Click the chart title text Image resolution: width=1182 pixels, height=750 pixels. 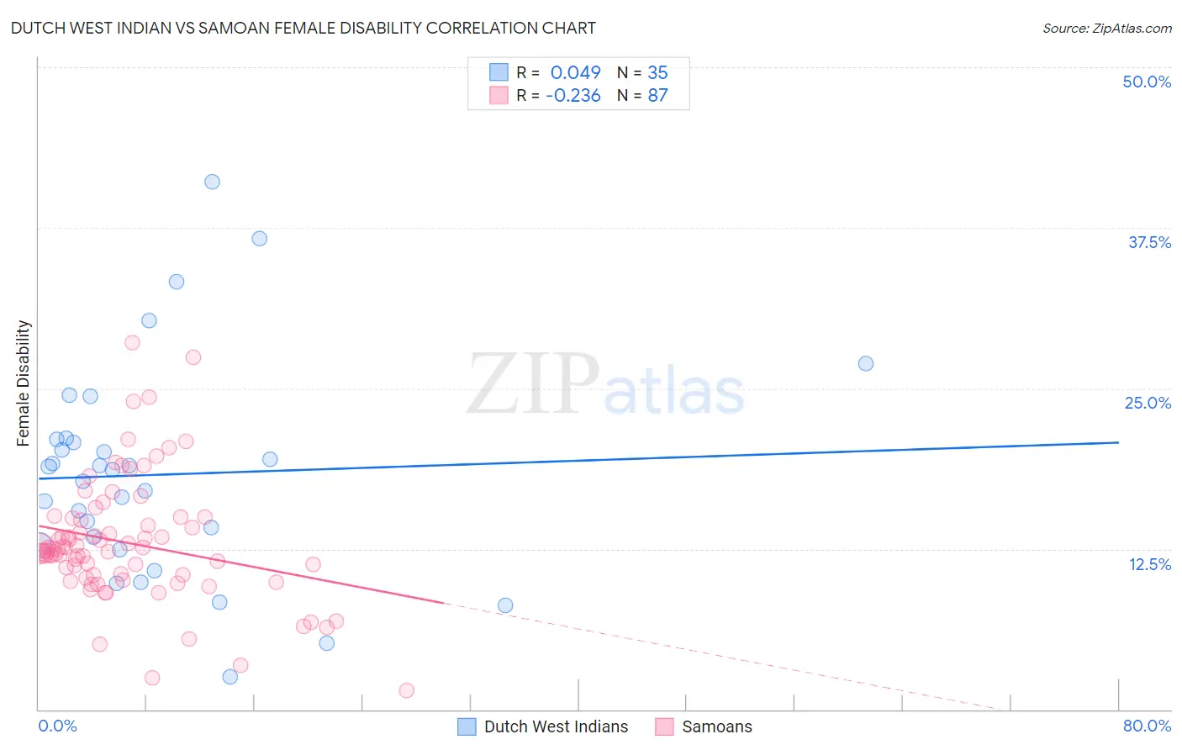point(303,28)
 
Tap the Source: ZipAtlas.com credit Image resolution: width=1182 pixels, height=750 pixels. point(1106,28)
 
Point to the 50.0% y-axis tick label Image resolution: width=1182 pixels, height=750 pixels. point(1147,82)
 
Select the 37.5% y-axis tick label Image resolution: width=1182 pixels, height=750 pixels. point(1149,242)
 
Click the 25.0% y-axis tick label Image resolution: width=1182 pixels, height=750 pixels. point(1148,403)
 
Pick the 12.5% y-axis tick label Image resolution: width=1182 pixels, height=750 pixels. point(1149,563)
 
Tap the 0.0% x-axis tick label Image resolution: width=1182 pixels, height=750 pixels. point(57,726)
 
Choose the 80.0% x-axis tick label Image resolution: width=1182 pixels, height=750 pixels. point(1147,726)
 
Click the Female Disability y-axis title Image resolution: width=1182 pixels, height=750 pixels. point(24,383)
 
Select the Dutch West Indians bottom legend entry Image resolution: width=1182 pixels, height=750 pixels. point(556,726)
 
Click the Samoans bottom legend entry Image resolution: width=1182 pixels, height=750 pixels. point(716,726)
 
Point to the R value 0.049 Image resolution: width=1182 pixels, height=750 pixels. point(575,72)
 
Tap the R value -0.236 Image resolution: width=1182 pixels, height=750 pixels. point(573,95)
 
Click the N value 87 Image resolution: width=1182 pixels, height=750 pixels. point(657,95)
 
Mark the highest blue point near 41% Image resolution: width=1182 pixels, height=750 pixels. point(213,182)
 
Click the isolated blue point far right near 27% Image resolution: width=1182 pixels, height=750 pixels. point(866,363)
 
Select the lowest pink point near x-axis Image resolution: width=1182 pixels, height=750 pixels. point(407,690)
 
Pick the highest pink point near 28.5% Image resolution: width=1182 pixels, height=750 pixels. point(132,342)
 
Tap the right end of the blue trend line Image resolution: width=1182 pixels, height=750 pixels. point(1118,442)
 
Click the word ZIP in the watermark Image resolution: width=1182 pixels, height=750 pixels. point(533,385)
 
